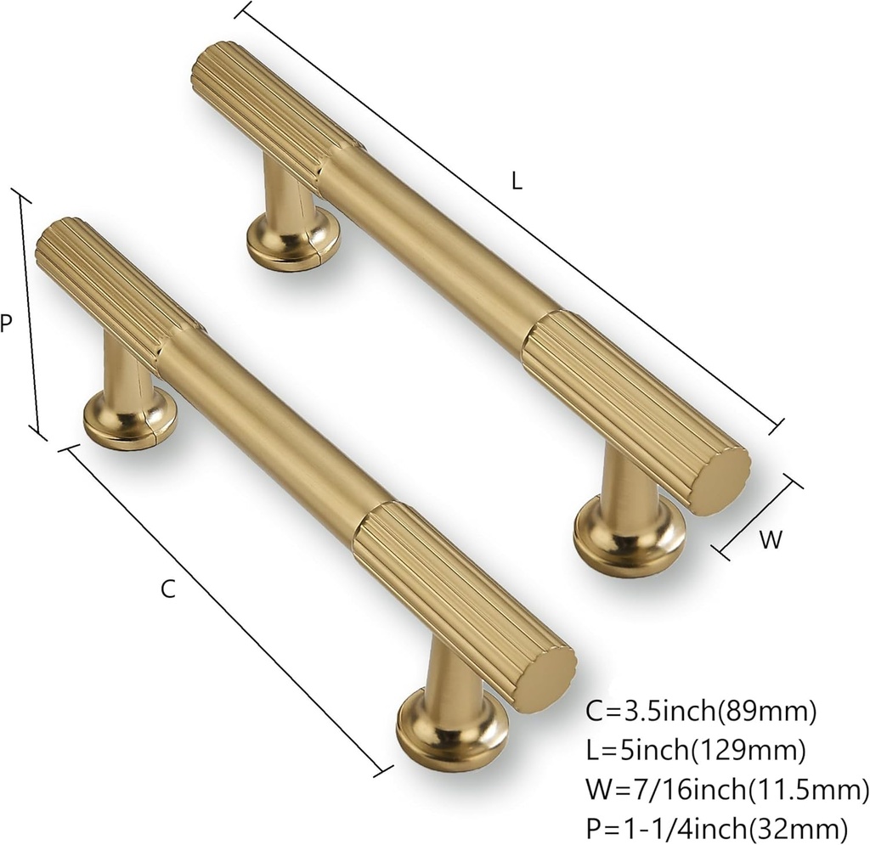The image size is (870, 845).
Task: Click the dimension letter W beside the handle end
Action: coord(770,540)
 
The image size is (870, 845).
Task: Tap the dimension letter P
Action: coord(6,324)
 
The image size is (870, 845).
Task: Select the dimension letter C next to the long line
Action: coord(168,589)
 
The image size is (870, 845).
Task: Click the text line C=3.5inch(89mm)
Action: coord(701,712)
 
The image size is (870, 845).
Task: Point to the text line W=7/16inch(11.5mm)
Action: coord(727,790)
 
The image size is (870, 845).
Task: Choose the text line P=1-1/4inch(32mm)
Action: coord(717,826)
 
